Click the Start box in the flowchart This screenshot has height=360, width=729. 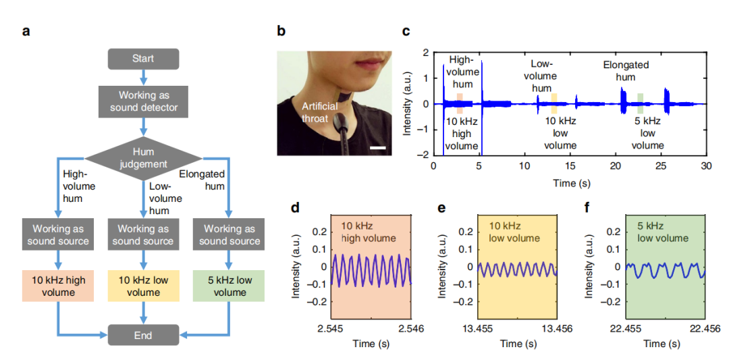[x=142, y=59]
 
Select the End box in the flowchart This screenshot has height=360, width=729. [x=142, y=335]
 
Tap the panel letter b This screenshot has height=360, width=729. [x=281, y=31]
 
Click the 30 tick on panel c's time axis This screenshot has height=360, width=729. [x=705, y=166]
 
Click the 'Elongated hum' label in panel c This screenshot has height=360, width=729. [x=626, y=71]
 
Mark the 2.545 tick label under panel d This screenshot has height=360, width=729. [x=331, y=329]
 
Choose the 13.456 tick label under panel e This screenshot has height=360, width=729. [x=556, y=329]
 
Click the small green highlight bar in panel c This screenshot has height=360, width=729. [x=640, y=103]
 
